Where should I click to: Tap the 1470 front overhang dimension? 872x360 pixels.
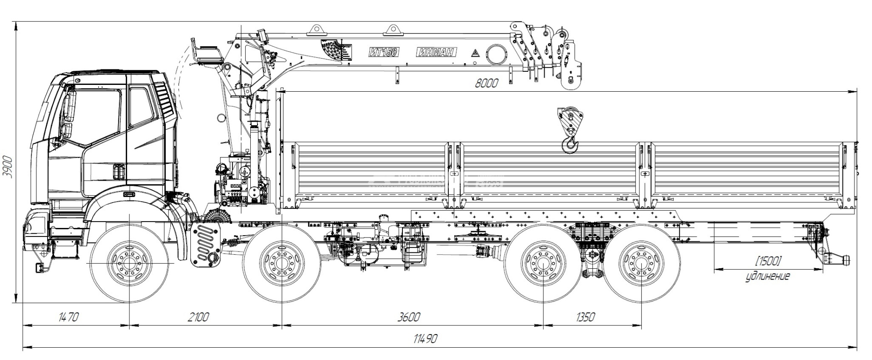(68, 317)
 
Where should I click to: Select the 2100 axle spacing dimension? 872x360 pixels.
(198, 317)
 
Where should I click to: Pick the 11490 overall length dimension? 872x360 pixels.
(425, 339)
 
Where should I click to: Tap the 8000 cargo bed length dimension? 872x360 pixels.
(486, 83)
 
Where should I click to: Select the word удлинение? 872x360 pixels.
(768, 276)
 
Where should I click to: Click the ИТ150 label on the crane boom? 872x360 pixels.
(383, 52)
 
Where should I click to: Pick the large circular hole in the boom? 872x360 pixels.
(496, 54)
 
